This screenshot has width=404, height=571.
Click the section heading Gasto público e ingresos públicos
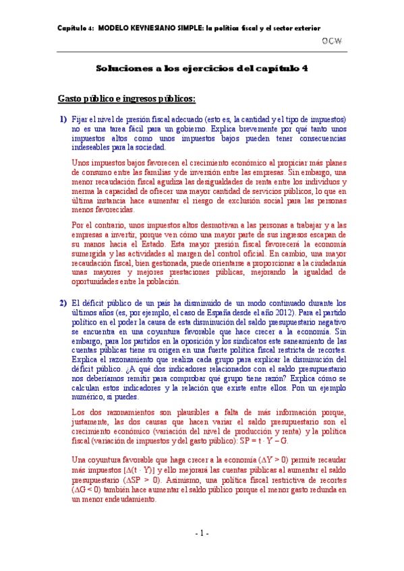(127, 99)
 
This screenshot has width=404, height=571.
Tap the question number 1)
(63, 119)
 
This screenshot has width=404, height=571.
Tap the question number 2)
(63, 303)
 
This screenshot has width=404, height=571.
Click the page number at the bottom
(202, 533)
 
